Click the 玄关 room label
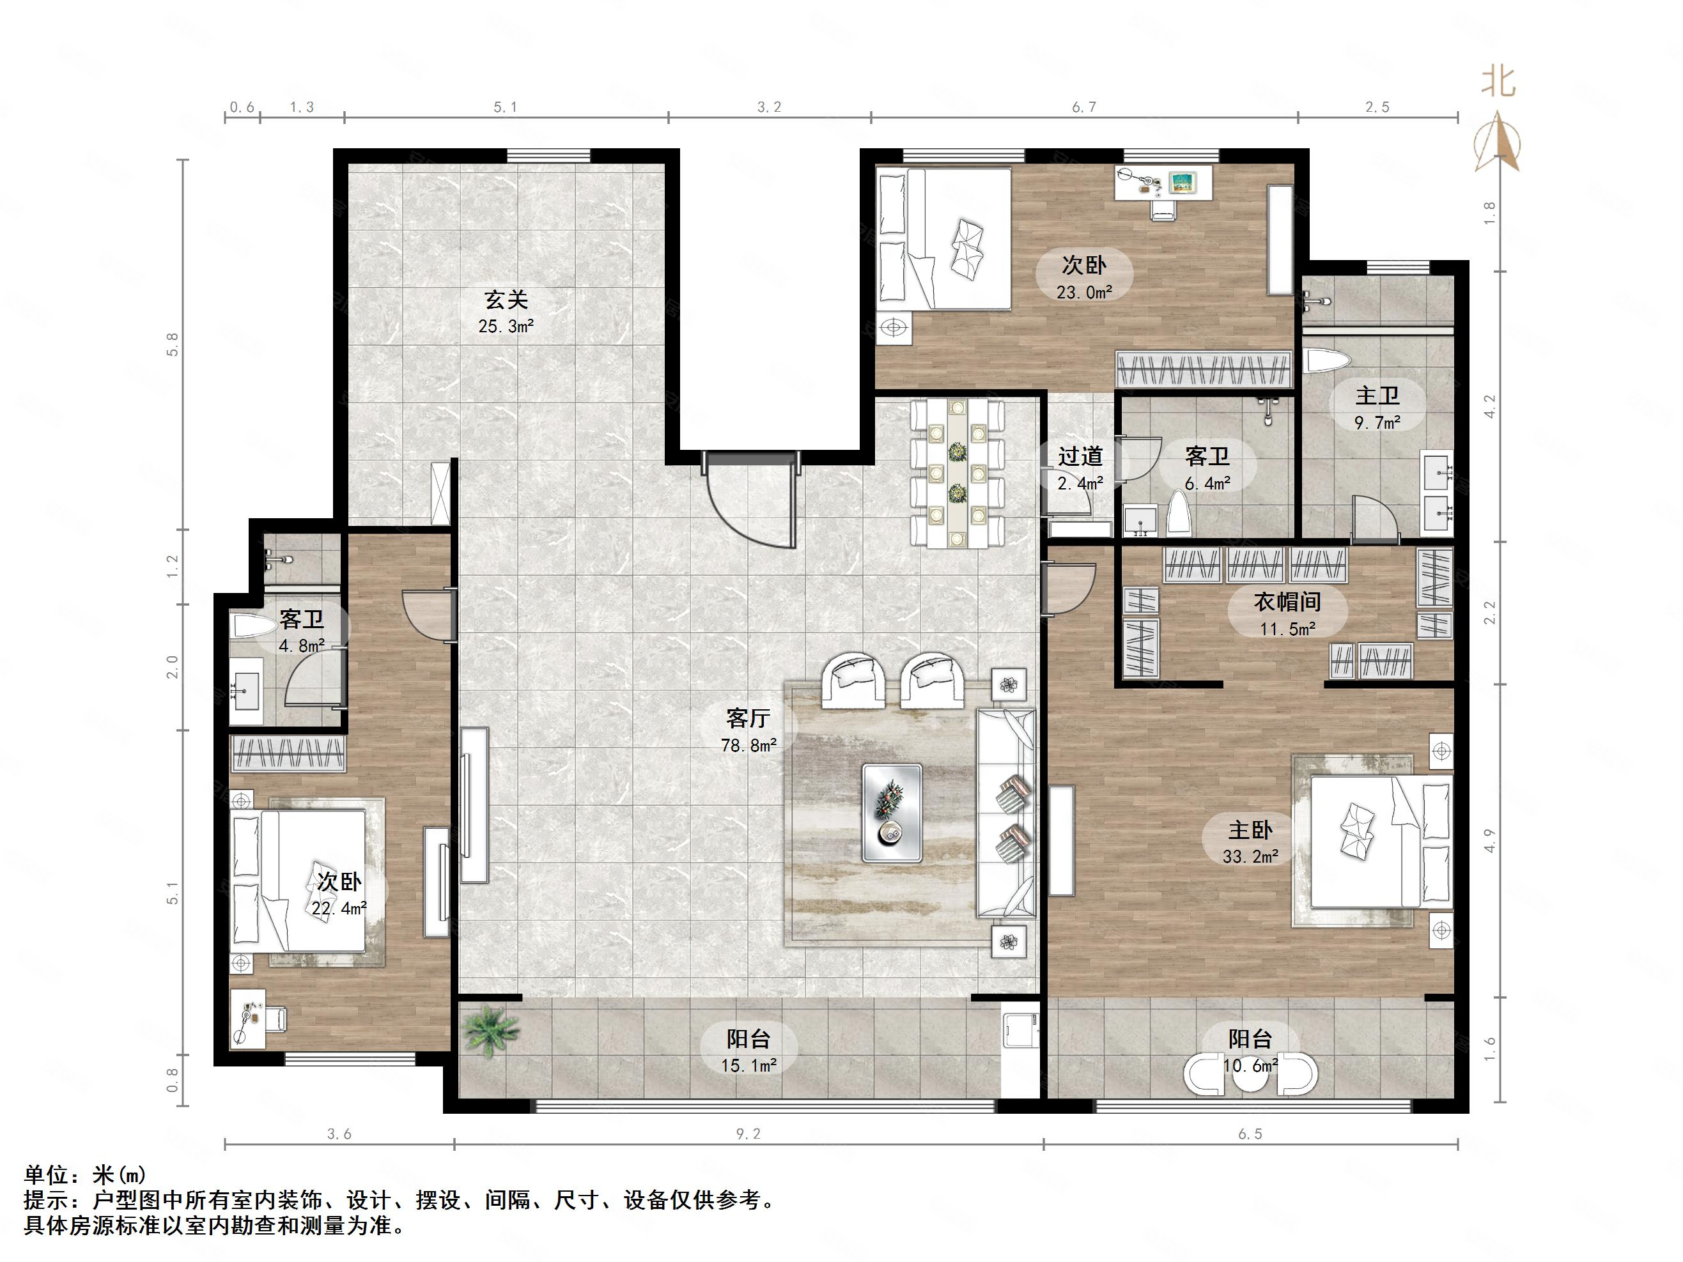point(506,300)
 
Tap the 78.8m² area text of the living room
point(748,746)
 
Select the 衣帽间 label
point(1287,602)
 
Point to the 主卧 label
point(1250,829)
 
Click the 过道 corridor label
point(1080,456)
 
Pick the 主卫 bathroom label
point(1377,396)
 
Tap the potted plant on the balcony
point(491,1030)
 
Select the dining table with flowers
point(957,473)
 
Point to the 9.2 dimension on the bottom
point(748,1134)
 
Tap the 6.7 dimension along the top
point(1084,107)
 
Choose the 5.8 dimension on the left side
point(173,344)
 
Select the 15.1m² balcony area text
point(748,1066)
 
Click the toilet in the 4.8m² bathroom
point(253,627)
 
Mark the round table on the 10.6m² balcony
point(1250,1073)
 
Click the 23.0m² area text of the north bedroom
point(1084,292)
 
